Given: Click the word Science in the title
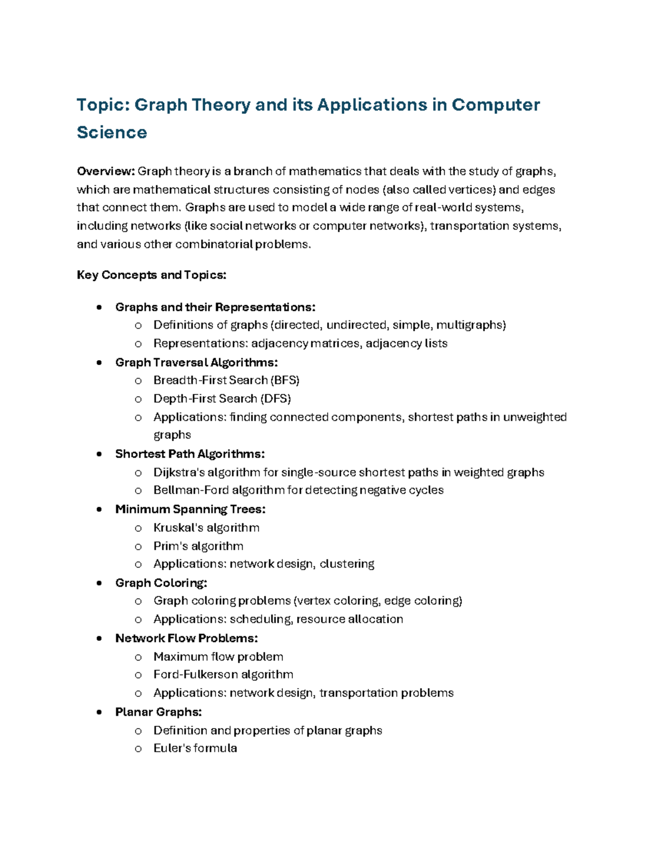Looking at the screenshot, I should [112, 132].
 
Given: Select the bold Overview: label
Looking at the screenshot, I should [106, 171].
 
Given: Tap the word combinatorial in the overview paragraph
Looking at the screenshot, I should [214, 244].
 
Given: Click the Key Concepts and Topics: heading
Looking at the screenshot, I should [151, 275].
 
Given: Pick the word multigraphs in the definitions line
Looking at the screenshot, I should [471, 325].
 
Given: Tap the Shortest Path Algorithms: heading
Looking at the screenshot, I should [190, 454].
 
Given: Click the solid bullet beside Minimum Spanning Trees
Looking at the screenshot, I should [99, 510].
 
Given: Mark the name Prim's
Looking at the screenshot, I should [170, 546].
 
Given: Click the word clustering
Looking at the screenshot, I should [347, 564].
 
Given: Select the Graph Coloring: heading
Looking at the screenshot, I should [161, 583].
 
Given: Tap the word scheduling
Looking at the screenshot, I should [260, 619].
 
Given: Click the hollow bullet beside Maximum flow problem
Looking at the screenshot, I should [138, 657].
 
